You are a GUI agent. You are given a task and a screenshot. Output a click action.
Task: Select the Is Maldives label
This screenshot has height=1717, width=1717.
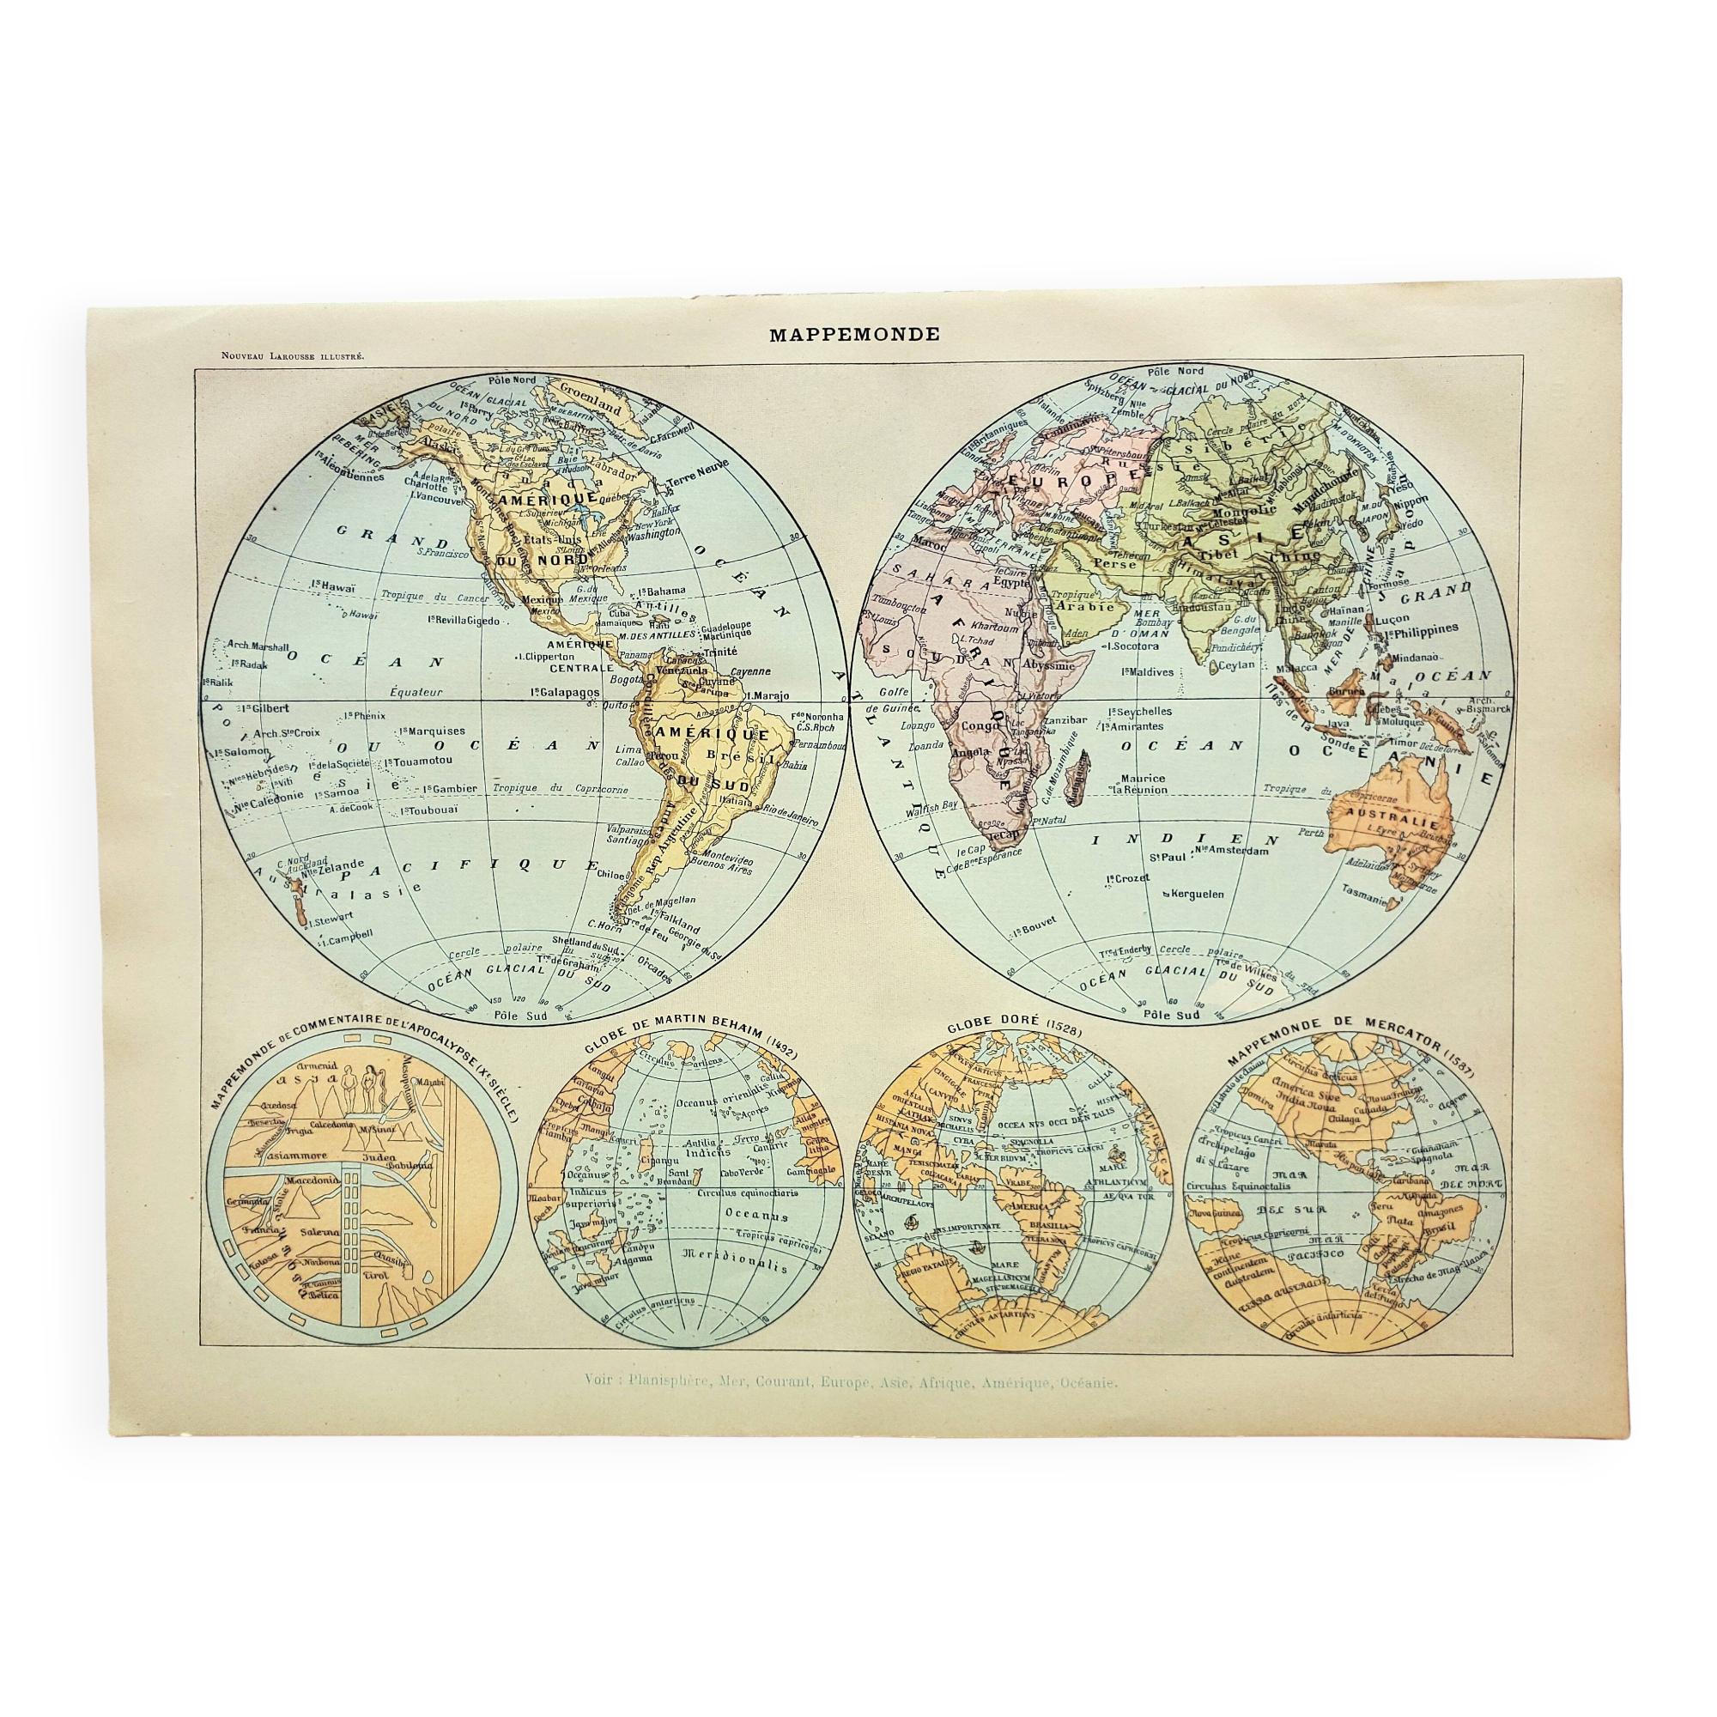pyautogui.click(x=1140, y=673)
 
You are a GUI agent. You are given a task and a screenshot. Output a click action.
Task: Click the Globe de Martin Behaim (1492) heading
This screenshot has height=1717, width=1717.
pyautogui.click(x=689, y=1039)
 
